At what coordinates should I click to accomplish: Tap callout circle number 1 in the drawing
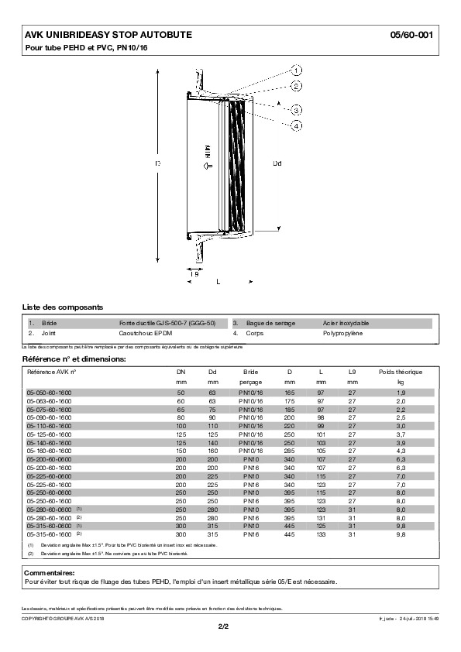pyautogui.click(x=298, y=70)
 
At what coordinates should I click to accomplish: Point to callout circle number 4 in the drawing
pyautogui.click(x=298, y=125)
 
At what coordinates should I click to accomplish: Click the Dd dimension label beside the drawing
pyautogui.click(x=278, y=163)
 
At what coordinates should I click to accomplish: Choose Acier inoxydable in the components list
pyautogui.click(x=346, y=322)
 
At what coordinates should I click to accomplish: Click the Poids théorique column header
pyautogui.click(x=401, y=372)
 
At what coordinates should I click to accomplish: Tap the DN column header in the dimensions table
pyautogui.click(x=181, y=372)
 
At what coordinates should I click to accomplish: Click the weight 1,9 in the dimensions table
pyautogui.click(x=401, y=393)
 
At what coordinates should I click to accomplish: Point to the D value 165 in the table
pyautogui.click(x=289, y=393)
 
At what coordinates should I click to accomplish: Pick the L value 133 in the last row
pyautogui.click(x=321, y=534)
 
